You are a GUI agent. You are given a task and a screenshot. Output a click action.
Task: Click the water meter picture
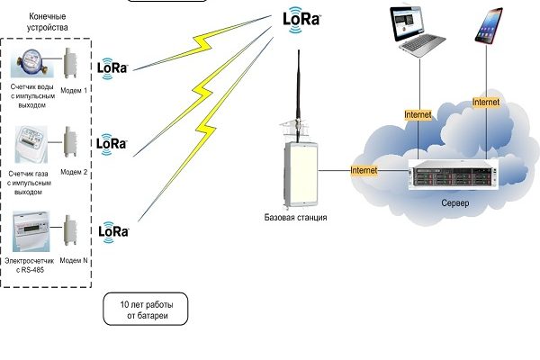click(30, 66)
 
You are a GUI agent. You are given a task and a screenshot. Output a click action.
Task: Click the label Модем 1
click(75, 91)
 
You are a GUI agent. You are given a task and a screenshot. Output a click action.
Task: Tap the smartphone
click(488, 27)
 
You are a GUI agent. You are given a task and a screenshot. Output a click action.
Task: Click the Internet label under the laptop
click(418, 115)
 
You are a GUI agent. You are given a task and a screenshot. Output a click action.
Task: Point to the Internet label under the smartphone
click(486, 103)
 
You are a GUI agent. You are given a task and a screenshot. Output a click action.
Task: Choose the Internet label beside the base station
click(364, 169)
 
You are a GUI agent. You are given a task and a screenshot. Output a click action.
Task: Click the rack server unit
click(454, 175)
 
